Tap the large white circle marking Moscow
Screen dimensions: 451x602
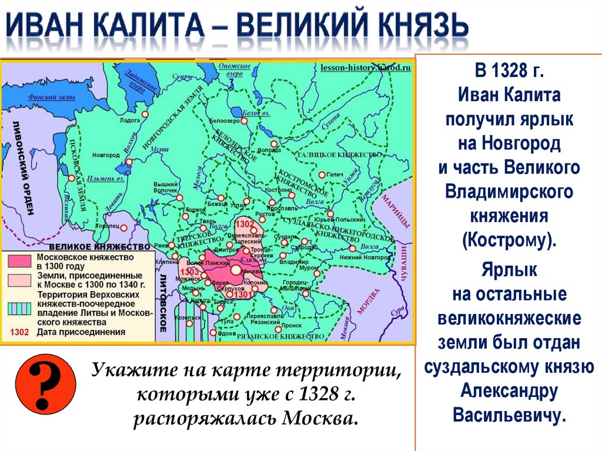pyautogui.click(x=236, y=270)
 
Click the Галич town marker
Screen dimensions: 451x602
pyautogui.click(x=322, y=175)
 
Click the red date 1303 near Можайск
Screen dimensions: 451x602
pyautogui.click(x=190, y=272)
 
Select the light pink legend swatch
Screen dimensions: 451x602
pyautogui.click(x=22, y=279)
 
